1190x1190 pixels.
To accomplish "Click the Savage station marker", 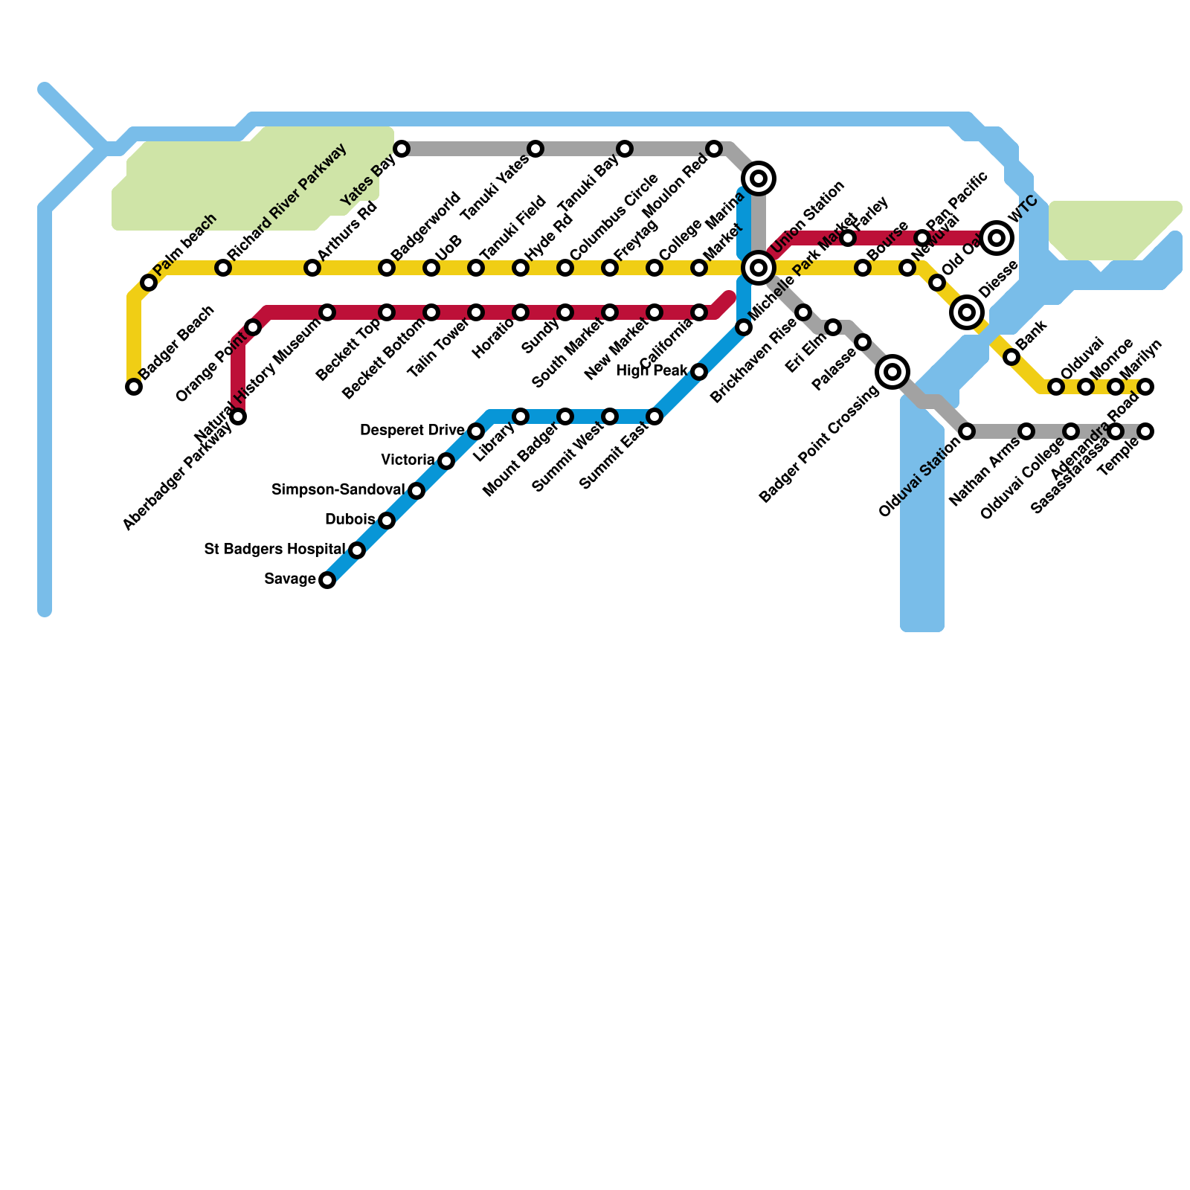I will point(327,580).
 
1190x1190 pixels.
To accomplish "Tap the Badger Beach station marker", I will point(134,387).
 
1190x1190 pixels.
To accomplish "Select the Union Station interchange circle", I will point(759,268).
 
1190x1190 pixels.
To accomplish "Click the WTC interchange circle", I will point(997,238).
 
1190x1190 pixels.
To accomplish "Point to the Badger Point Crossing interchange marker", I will point(892,372).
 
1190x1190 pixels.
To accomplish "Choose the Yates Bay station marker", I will point(402,149).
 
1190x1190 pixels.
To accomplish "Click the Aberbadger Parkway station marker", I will point(238,416).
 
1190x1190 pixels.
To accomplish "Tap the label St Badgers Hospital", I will point(274,550).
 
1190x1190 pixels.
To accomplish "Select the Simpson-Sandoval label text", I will point(338,490).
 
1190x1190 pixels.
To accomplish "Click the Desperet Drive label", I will point(412,431).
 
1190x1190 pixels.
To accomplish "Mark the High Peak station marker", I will point(699,372).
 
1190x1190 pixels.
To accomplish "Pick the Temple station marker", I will point(1145,431).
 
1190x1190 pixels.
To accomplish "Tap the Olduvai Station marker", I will point(967,431).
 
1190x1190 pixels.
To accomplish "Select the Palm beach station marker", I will point(149,283).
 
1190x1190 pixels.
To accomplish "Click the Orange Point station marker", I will point(253,327).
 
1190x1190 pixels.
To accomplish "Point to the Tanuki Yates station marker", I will point(535,149).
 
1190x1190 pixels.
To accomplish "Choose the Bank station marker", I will point(1011,357).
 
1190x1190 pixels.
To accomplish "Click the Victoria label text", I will point(408,460).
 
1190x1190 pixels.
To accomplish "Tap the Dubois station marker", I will point(387,521).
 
